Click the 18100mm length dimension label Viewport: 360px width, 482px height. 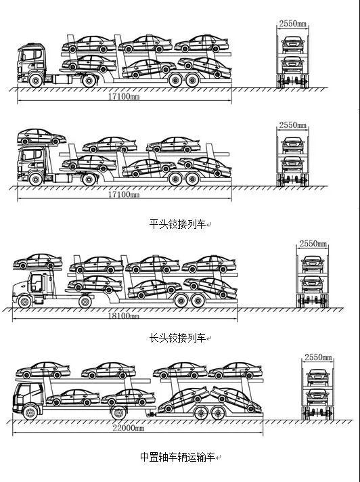pos(123,315)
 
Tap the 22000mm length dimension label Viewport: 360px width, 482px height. pos(128,428)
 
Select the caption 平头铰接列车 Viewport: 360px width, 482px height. pos(177,224)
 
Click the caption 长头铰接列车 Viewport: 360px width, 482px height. pos(177,338)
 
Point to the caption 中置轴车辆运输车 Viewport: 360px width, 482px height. pos(177,457)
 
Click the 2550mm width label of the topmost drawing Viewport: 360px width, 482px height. pos(293,24)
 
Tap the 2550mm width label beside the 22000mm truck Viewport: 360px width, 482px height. pos(318,357)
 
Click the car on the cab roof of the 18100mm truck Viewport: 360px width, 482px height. pos(37,261)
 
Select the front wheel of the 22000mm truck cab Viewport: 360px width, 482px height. pos(30,412)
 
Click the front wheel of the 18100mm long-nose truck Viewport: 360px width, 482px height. pos(24,301)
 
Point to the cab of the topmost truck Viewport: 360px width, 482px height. pos(32,63)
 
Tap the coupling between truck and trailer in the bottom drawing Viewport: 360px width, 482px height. pos(151,415)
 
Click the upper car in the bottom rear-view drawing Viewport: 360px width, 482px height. pos(317,376)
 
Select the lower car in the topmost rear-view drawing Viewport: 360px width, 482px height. pos(293,64)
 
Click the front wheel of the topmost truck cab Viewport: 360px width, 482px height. pos(36,81)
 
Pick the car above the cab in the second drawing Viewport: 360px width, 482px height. pos(41,137)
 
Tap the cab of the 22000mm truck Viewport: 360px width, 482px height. pos(28,398)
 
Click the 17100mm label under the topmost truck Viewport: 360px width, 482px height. pos(123,96)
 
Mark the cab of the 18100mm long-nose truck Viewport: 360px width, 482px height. pos(34,286)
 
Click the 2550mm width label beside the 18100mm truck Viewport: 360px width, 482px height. pos(313,244)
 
